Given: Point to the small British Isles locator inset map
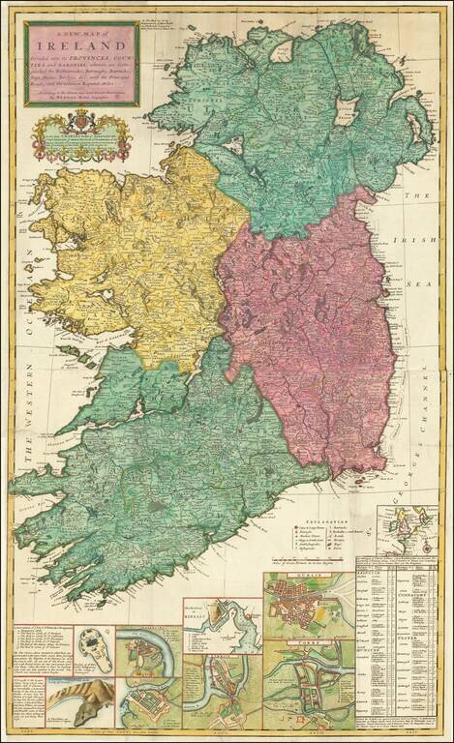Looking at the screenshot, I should pos(407,528).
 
